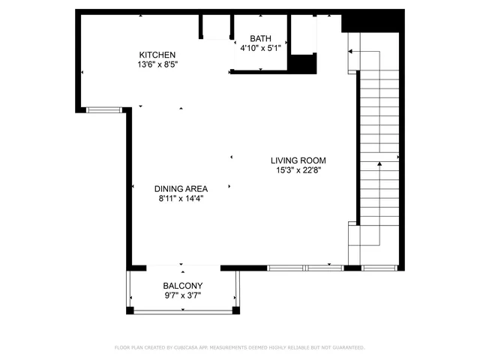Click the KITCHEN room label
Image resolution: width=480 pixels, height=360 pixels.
coord(157,55)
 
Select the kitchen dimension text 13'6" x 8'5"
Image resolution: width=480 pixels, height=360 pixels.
coord(157,64)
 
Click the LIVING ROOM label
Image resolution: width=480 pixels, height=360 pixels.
coord(298,160)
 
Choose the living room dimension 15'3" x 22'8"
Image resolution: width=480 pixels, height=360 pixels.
coord(298,170)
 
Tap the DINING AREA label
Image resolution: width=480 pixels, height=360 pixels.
coord(181,189)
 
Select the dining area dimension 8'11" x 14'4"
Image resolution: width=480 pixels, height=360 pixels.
coord(181,199)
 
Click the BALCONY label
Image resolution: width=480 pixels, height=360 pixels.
coord(183,286)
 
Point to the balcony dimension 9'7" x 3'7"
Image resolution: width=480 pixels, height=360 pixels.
coord(183,295)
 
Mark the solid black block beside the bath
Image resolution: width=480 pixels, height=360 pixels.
coord(304,64)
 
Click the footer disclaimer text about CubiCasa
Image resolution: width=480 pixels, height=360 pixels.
coord(239,347)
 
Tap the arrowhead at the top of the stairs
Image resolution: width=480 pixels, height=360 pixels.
coord(351,52)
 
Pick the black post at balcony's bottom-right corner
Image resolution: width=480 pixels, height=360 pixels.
coord(235,309)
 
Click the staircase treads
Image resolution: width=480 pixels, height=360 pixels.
coord(379,150)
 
